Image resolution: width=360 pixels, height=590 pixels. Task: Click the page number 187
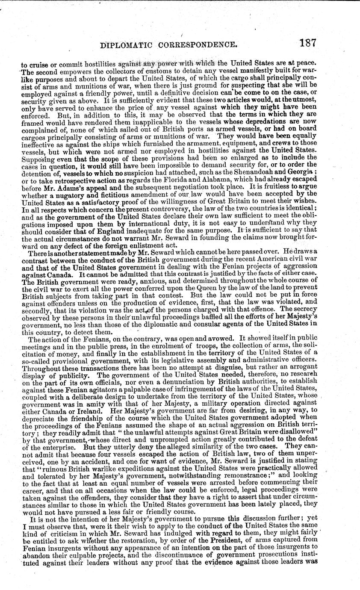[x=308, y=43]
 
